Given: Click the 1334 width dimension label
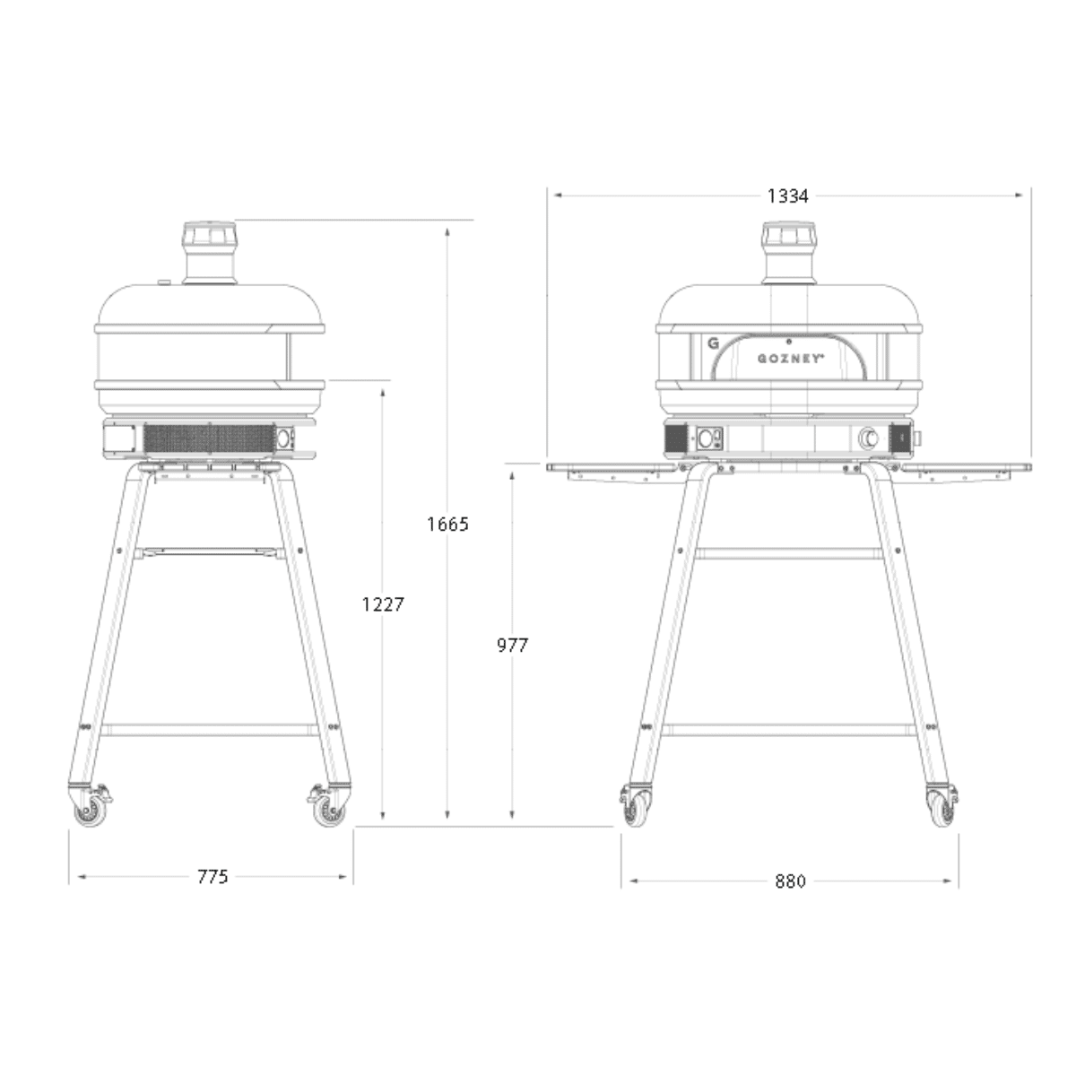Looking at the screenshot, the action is [787, 196].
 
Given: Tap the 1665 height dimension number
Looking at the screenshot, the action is [447, 524].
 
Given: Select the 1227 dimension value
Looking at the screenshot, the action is [383, 603].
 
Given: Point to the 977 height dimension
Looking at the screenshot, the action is [512, 645].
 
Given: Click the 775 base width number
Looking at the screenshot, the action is [213, 876].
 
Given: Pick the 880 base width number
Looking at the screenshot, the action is [790, 881].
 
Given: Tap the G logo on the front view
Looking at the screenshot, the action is [713, 343].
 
